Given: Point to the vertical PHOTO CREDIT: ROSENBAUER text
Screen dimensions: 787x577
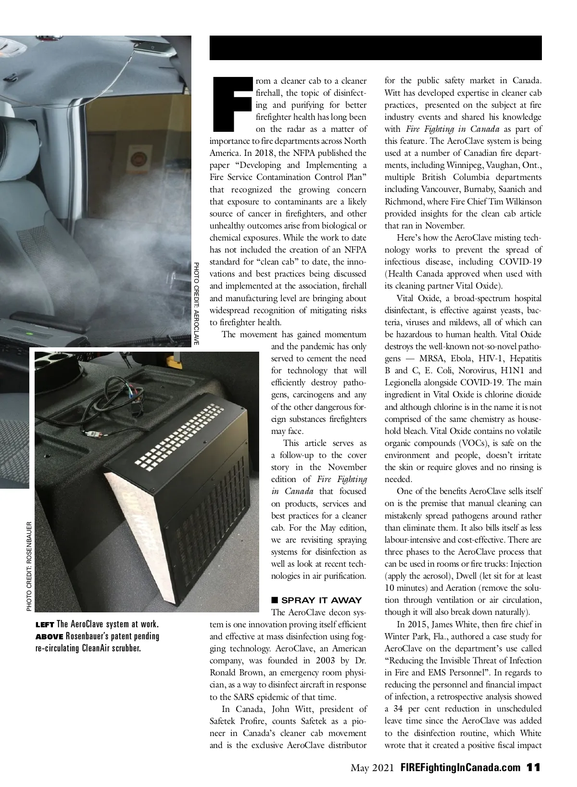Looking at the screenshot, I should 29,566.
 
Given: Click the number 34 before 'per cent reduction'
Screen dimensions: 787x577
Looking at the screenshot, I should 398,709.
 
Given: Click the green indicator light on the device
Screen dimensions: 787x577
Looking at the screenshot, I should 30,333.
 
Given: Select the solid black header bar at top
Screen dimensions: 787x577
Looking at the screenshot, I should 376,48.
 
